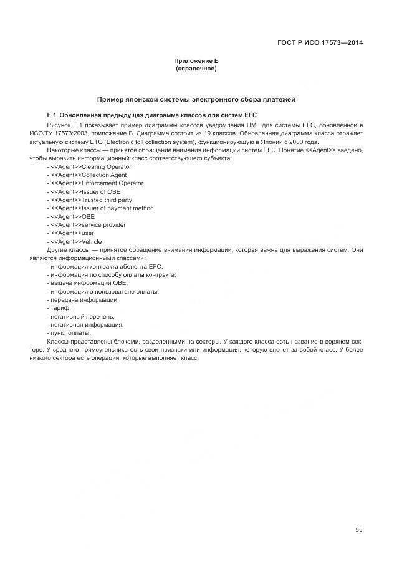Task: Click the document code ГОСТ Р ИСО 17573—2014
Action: point(320,43)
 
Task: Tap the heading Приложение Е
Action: point(196,60)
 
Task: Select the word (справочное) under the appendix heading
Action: point(196,68)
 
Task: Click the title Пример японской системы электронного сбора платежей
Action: point(196,99)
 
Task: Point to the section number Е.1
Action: point(52,116)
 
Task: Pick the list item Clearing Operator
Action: point(89,167)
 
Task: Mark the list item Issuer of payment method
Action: point(100,208)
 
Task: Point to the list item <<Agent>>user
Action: point(70,233)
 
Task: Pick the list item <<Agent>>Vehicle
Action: point(74,241)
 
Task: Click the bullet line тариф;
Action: point(59,308)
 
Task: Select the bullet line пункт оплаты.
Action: point(69,333)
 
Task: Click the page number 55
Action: point(359,530)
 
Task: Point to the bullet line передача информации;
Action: point(83,300)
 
